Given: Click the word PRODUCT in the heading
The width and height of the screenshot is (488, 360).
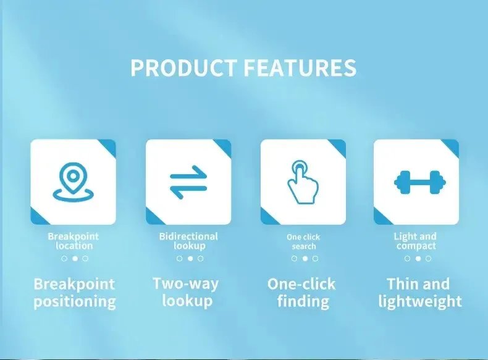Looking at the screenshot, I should coord(183,67).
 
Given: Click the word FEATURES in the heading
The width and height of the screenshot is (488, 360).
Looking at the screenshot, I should coord(300,67).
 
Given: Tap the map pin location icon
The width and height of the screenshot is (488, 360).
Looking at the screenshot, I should coord(73,182).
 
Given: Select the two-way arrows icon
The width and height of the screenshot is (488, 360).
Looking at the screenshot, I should coord(188,182).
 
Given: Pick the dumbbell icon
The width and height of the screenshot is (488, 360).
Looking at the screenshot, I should coord(417,182).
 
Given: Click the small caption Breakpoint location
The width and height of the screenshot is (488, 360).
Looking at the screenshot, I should coord(73,241).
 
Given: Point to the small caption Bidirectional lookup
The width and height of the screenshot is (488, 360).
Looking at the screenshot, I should coord(188,241).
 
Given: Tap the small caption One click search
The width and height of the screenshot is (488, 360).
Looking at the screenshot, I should coord(303,241).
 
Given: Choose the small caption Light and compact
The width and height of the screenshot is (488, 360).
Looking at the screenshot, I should coord(415,241).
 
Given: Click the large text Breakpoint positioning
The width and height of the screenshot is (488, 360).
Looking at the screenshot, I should coord(74,293).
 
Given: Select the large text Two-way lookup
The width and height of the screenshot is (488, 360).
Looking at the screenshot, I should coord(185,292).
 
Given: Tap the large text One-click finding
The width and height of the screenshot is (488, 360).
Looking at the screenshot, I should coord(301,293).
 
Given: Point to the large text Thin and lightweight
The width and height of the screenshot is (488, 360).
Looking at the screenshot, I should coord(420,293).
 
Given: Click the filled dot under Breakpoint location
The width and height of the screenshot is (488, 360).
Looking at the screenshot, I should coord(75,259).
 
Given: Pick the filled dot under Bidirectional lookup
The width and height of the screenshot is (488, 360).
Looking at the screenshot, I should coord(190,259).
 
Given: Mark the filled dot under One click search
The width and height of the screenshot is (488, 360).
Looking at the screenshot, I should coord(305,259).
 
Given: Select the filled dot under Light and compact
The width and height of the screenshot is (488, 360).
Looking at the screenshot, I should coord(418,259).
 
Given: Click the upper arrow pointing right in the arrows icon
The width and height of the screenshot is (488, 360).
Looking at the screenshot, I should coord(188,173).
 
